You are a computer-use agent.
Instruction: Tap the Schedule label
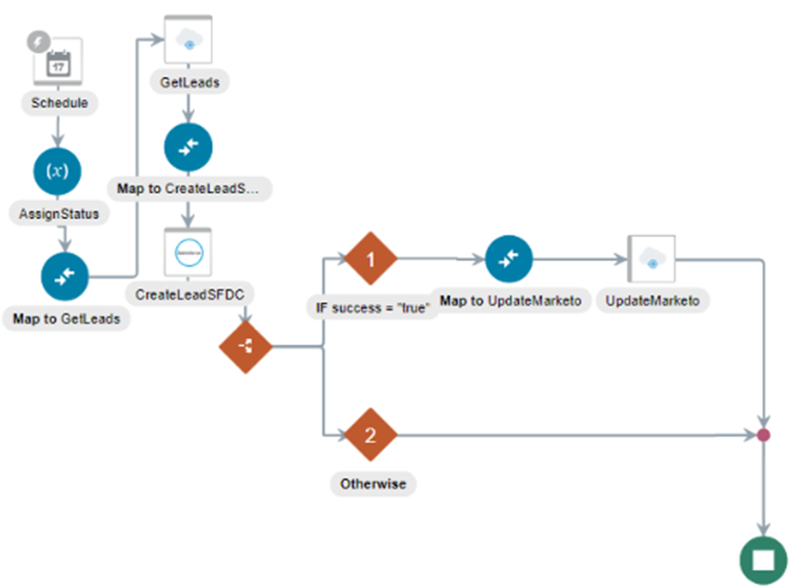click(59, 103)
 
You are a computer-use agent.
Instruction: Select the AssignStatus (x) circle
click(58, 171)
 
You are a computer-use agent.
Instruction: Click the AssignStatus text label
click(58, 213)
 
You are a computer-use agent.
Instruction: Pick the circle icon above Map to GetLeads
click(65, 276)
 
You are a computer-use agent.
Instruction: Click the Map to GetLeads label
click(65, 319)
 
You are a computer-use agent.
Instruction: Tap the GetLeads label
click(189, 82)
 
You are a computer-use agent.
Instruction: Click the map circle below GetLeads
click(188, 147)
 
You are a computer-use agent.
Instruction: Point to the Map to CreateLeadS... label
click(189, 188)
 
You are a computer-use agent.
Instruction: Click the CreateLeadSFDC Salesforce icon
click(188, 252)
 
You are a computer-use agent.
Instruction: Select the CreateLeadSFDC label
click(189, 295)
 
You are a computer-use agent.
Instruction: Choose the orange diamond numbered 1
click(370, 260)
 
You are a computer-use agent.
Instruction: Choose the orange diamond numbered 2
click(370, 435)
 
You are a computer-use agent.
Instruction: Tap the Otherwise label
click(372, 483)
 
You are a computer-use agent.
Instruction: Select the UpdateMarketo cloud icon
click(651, 260)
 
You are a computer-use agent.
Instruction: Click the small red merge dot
click(762, 435)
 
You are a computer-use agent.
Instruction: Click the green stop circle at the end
click(762, 560)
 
